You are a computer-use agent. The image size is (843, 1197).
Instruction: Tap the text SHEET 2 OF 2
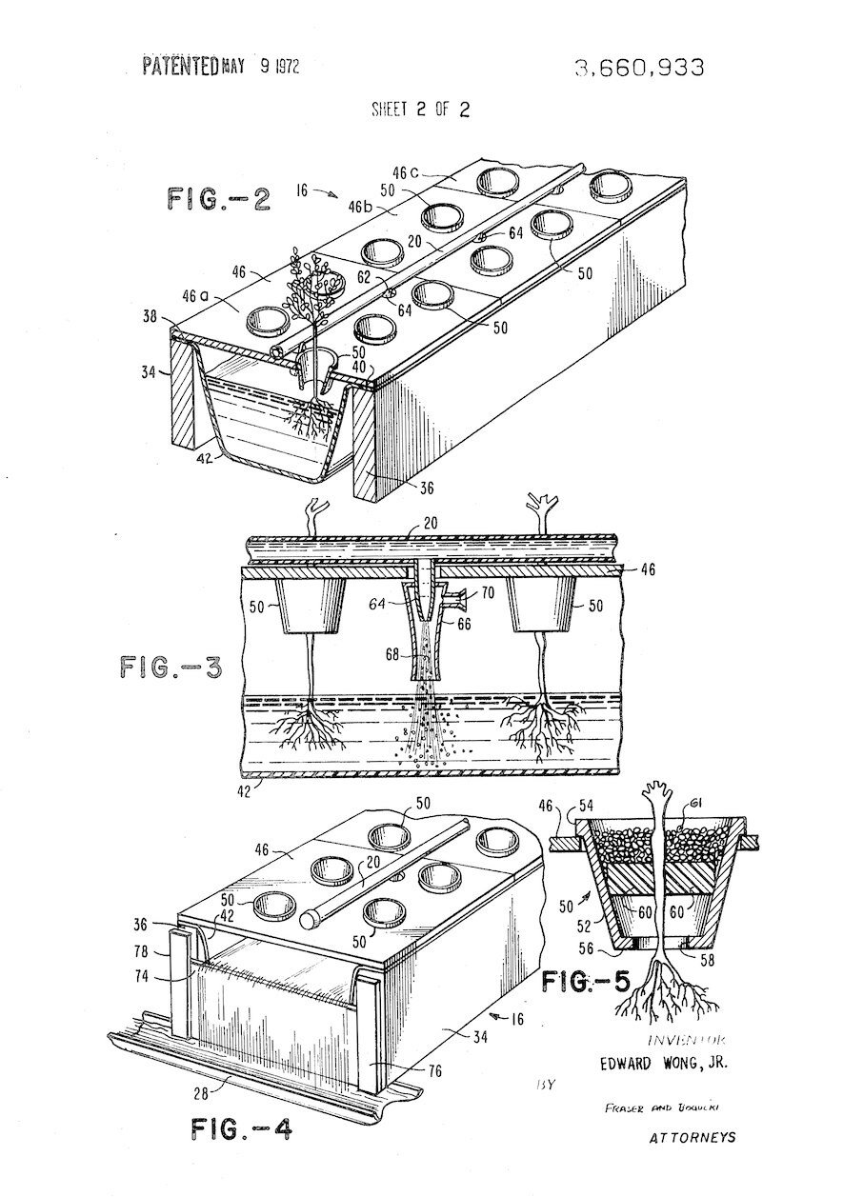[420, 109]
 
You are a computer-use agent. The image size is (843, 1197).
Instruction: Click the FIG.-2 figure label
[219, 199]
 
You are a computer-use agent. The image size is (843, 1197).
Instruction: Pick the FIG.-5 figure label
[588, 981]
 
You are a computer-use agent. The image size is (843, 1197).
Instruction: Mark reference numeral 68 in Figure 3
[392, 655]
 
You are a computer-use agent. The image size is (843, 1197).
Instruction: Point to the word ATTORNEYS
[692, 1137]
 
